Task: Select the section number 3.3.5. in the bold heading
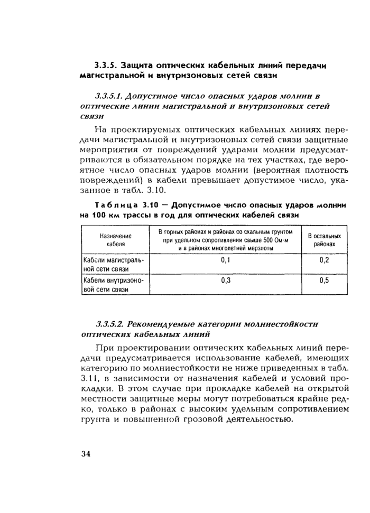(x=106, y=66)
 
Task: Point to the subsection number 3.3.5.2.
(x=110, y=323)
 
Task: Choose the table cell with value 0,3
(x=226, y=281)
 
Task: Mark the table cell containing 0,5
(x=324, y=281)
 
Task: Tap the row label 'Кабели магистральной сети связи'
(x=114, y=265)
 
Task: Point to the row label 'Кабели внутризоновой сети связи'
(x=114, y=285)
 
